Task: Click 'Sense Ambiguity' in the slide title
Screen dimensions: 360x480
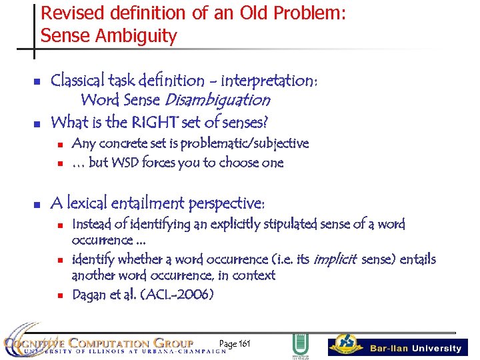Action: (109, 36)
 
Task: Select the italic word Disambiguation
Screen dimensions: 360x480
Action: (217, 100)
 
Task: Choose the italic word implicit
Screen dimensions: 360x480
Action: (335, 259)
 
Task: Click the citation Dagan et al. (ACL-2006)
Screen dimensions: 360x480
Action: (143, 295)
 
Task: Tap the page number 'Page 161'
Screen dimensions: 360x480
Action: (235, 344)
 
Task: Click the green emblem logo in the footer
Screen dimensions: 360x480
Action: (300, 346)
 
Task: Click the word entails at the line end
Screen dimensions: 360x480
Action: (416, 259)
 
